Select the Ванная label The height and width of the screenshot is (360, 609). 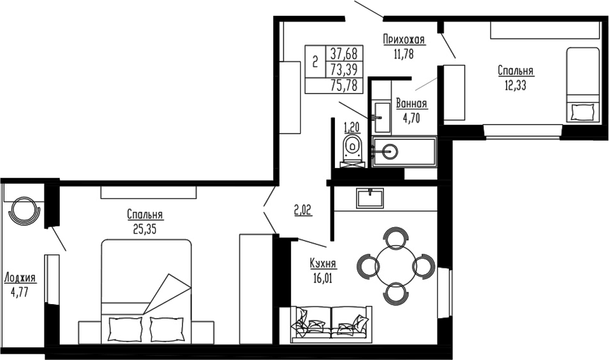[411, 104]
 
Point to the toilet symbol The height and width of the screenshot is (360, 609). [351, 149]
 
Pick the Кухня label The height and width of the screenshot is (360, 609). [323, 264]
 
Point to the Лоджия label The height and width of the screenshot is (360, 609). [20, 278]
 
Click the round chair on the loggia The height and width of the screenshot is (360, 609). [24, 207]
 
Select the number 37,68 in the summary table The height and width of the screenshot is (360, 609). [343, 53]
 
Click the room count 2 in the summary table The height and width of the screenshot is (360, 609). [315, 62]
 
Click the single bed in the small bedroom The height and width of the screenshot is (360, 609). [583, 84]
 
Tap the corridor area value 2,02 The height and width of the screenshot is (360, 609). [302, 209]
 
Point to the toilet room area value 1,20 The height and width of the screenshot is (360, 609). [352, 125]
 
